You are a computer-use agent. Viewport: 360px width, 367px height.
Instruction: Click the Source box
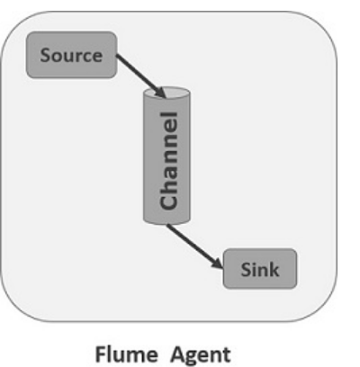point(71,54)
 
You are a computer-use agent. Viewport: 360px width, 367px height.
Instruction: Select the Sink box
point(259,269)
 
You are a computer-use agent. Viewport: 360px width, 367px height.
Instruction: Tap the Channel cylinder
point(166,157)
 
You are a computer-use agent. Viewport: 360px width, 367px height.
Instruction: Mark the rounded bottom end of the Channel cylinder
point(166,219)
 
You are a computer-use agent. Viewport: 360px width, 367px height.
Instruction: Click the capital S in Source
point(45,55)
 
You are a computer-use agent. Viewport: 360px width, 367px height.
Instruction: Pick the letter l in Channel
point(166,116)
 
